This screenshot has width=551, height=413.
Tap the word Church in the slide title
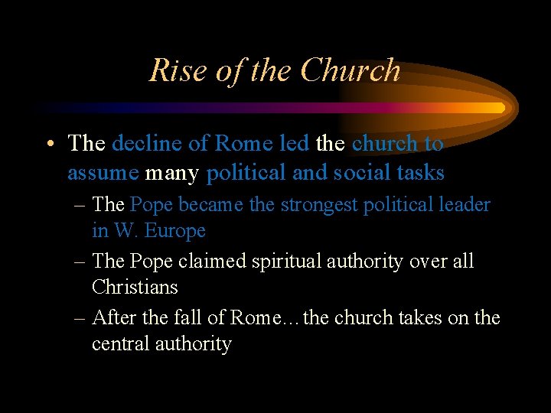pos(350,70)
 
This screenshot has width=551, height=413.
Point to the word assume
pos(103,174)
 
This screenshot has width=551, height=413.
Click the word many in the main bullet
pos(172,174)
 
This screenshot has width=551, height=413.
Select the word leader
pos(464,205)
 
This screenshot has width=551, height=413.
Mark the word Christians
pos(135,288)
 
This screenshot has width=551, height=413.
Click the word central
pos(116,344)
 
